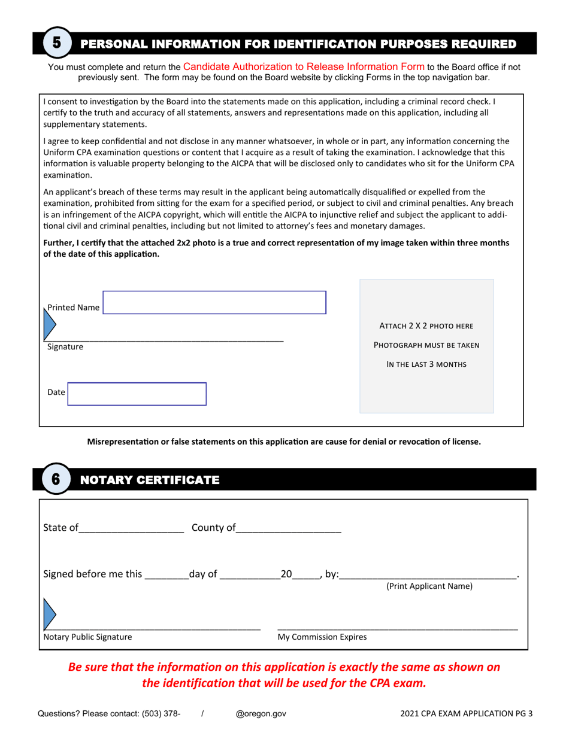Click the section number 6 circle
[56, 479]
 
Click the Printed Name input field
[214, 303]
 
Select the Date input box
[137, 394]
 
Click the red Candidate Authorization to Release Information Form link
[304, 66]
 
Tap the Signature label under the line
[65, 347]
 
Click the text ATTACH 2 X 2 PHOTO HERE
[426, 326]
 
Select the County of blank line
[288, 528]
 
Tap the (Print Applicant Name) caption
[429, 586]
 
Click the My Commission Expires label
[322, 637]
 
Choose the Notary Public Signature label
[87, 637]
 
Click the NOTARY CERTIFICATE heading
[150, 480]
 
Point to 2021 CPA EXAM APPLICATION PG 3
[467, 714]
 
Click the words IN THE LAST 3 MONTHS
[426, 364]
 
